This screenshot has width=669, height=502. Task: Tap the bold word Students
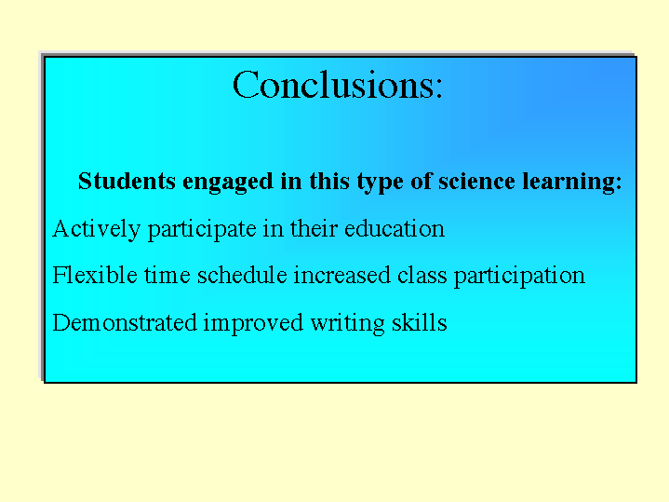(x=127, y=181)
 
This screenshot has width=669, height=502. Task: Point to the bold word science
(x=476, y=181)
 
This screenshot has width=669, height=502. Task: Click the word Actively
(x=96, y=229)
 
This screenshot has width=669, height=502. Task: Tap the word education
(x=395, y=228)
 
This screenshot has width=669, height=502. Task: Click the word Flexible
(x=95, y=275)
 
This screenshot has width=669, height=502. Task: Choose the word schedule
(x=242, y=275)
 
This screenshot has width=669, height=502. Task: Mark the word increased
(x=341, y=275)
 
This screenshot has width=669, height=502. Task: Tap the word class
(x=422, y=275)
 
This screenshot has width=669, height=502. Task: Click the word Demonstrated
(x=124, y=322)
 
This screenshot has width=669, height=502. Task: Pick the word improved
(x=253, y=323)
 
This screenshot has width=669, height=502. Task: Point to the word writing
(x=347, y=323)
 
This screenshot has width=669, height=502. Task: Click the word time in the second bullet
(x=167, y=275)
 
